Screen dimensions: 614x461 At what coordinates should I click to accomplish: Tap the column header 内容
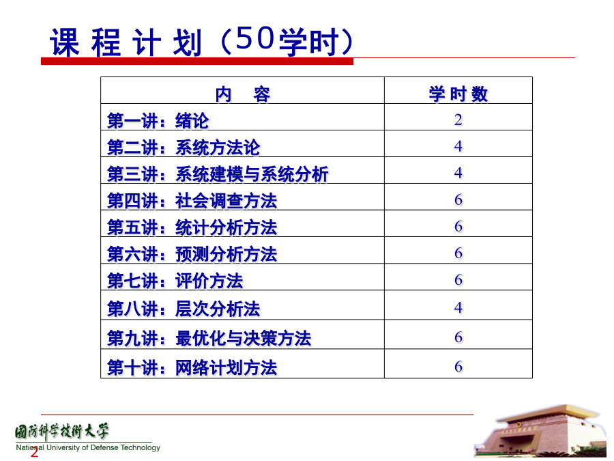tap(243, 94)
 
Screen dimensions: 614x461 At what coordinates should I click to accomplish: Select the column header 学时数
tap(458, 94)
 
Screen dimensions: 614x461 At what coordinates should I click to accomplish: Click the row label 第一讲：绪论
tap(158, 121)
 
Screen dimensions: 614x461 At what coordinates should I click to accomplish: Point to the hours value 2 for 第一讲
tap(458, 120)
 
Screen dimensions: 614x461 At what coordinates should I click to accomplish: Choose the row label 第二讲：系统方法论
tap(184, 148)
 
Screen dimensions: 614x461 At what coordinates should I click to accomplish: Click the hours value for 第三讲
tap(458, 173)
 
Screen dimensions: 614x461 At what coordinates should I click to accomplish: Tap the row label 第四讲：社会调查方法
tap(192, 201)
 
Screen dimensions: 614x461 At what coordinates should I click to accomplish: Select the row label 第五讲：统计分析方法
tap(192, 227)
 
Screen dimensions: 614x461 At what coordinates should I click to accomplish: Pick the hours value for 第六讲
tap(458, 253)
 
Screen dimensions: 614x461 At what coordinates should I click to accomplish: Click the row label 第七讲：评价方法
tap(175, 281)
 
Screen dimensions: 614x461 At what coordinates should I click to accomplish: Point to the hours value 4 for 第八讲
tap(458, 307)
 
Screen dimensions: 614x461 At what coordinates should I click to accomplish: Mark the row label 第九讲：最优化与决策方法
tap(209, 338)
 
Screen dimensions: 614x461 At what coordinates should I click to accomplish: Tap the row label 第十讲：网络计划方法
tap(192, 367)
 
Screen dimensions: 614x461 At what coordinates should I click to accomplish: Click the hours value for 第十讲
tap(458, 367)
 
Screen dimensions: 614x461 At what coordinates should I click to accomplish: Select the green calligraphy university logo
tap(62, 432)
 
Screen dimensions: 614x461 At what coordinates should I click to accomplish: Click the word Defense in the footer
tap(104, 447)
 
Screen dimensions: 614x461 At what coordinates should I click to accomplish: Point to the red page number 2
tap(35, 452)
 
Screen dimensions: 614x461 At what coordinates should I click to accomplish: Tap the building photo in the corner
tap(540, 431)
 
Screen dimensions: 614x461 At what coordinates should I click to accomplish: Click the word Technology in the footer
tap(140, 447)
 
